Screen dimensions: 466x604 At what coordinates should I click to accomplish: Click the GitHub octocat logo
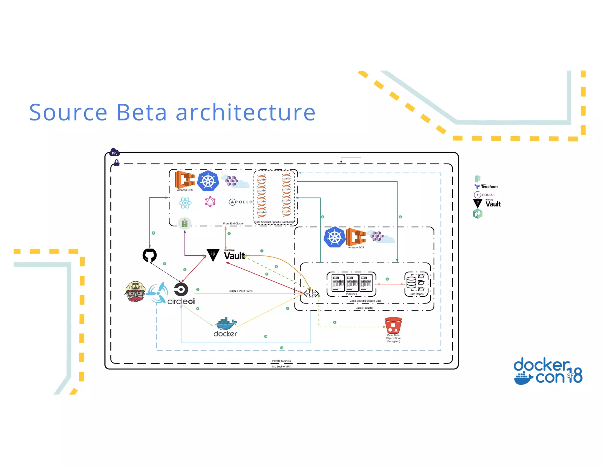(150, 255)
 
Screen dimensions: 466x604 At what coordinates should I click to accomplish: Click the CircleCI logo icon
(181, 289)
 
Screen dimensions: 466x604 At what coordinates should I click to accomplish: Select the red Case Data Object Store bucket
(393, 325)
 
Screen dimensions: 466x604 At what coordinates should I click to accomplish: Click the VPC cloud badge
(114, 153)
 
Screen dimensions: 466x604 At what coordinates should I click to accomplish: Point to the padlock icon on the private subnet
(116, 163)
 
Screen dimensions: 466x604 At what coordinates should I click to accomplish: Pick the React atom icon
(185, 203)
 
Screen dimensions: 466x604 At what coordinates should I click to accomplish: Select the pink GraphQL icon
(210, 202)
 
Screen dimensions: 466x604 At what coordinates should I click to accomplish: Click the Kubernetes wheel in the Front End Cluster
(208, 181)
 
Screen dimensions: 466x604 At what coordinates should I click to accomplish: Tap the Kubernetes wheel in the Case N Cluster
(334, 237)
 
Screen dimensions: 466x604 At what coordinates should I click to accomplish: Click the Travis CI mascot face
(135, 291)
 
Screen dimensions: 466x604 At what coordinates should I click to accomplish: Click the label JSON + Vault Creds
(241, 291)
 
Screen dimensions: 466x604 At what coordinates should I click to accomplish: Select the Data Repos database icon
(411, 282)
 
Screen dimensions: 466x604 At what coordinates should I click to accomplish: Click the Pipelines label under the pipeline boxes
(351, 294)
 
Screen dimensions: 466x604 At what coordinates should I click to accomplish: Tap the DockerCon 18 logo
(548, 371)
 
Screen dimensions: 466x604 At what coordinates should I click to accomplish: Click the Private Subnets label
(281, 361)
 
